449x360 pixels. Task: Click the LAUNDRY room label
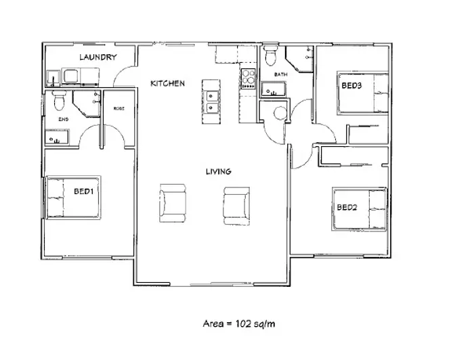[x=98, y=57]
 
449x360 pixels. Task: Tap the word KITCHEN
[x=167, y=83]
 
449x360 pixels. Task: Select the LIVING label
[x=219, y=171]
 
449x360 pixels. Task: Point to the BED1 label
[x=83, y=191]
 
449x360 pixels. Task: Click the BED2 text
[x=347, y=207]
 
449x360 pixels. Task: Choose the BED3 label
[x=351, y=85]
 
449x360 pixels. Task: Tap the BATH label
[x=280, y=74]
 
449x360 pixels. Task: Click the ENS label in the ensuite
[x=63, y=119]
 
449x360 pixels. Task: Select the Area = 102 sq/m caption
[x=239, y=323]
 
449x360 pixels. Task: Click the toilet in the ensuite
[x=60, y=100]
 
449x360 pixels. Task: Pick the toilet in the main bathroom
[x=271, y=55]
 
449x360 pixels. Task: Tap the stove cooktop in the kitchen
[x=248, y=78]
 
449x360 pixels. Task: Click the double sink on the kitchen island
[x=211, y=102]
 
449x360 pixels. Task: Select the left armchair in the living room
[x=173, y=203]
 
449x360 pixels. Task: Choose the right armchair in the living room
[x=236, y=206]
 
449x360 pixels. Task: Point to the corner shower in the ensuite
[x=87, y=104]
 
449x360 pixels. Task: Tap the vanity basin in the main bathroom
[x=274, y=89]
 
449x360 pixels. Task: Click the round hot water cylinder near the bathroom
[x=280, y=113]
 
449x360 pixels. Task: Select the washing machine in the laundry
[x=71, y=76]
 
